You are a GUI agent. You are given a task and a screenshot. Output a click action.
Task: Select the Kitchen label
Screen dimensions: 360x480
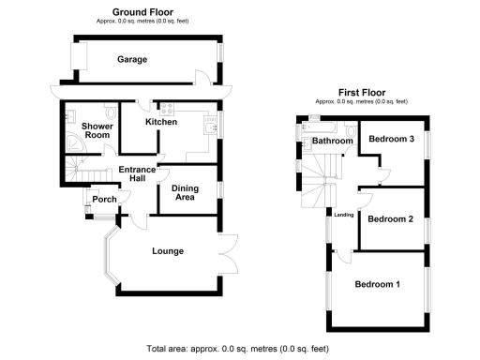coord(161,123)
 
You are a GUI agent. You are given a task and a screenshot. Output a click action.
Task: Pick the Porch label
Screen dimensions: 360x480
coord(101,198)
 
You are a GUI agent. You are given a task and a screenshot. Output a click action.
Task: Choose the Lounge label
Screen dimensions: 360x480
coord(167,250)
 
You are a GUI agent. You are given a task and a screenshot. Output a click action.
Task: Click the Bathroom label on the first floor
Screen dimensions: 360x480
coord(332,142)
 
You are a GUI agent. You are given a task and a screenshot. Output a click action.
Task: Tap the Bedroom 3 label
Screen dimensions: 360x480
coord(391,139)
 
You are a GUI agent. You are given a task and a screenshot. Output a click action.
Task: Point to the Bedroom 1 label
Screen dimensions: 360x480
coord(377,284)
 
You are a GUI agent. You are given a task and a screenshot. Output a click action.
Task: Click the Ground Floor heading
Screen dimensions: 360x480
coord(140,12)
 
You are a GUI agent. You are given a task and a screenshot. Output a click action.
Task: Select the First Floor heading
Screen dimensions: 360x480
coord(361,93)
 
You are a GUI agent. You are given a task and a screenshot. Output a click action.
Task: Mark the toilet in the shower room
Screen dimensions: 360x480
coord(71,118)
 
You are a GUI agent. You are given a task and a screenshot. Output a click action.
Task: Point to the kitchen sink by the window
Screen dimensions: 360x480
coord(210,123)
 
